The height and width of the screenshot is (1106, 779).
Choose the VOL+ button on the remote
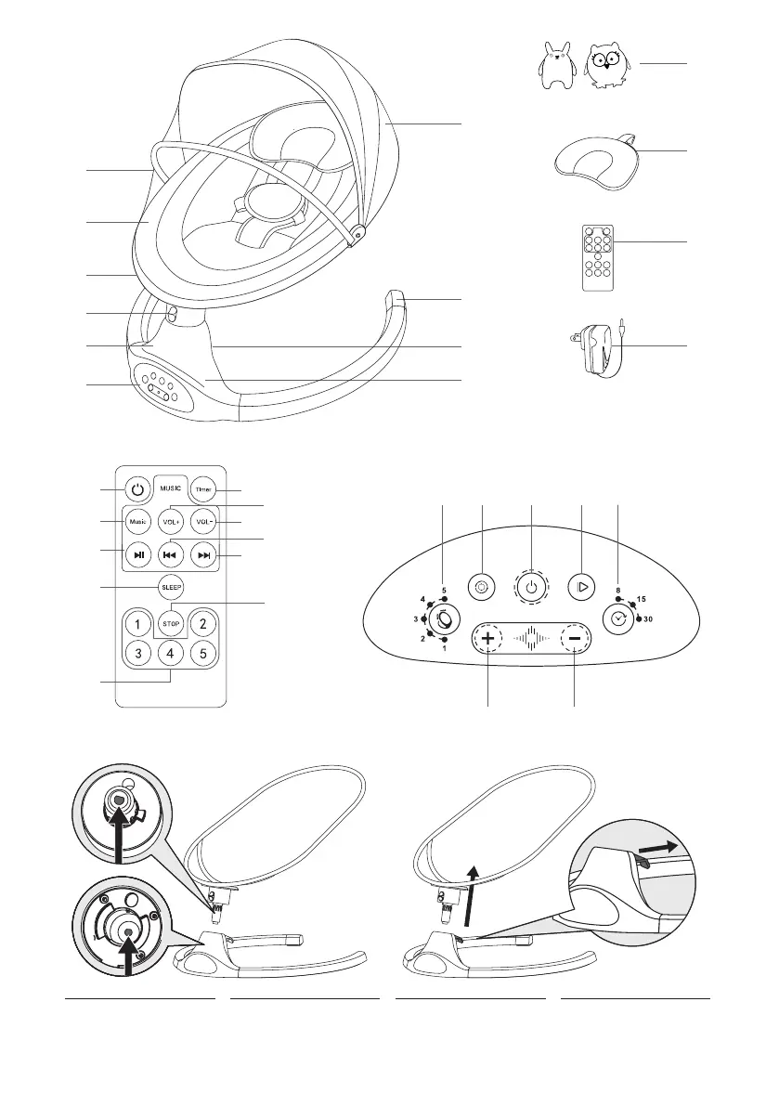(x=170, y=521)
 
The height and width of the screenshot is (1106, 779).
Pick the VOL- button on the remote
(x=204, y=521)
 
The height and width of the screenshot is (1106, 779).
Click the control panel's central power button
(x=530, y=587)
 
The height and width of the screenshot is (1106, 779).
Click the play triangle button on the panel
(x=580, y=587)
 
